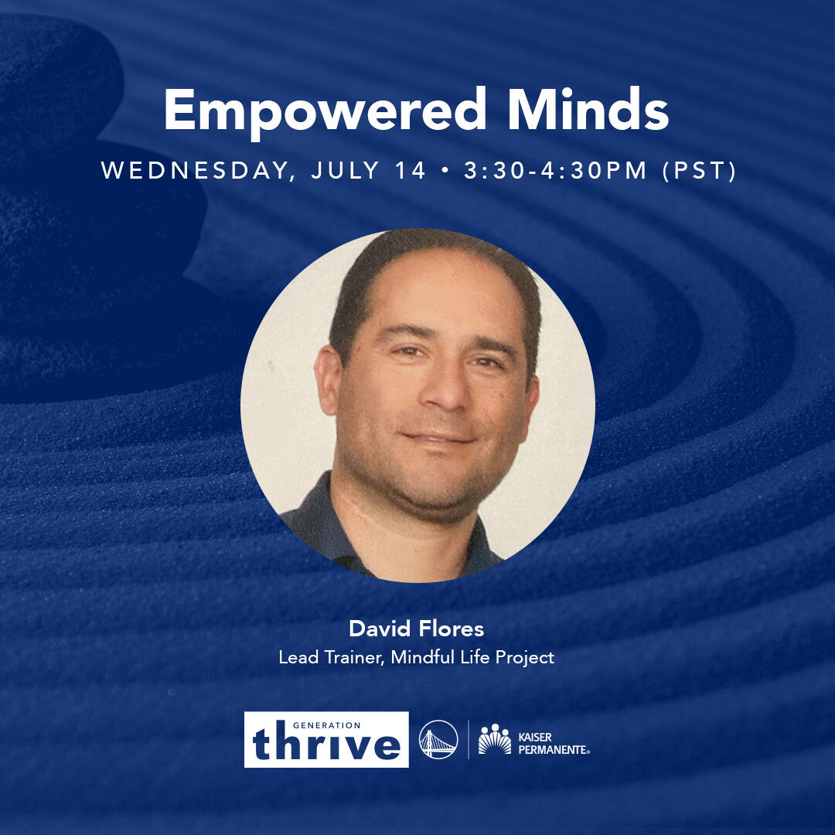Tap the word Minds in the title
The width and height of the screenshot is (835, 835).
point(588,109)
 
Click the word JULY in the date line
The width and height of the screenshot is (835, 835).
point(346,170)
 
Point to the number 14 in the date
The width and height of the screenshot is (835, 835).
point(410,170)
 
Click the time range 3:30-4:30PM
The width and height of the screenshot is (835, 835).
point(555,170)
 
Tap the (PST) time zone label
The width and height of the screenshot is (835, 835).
point(699,171)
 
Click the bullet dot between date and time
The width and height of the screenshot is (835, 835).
point(445,171)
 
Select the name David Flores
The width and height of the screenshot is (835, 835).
point(417,629)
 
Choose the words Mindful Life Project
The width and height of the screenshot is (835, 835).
point(472,658)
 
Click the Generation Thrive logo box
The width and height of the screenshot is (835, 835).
point(326,740)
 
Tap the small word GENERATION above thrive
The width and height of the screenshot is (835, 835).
point(326,724)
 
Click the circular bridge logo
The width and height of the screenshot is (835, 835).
point(438,739)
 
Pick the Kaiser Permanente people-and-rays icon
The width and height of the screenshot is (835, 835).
point(494,739)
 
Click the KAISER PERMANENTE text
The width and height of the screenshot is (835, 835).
point(554,744)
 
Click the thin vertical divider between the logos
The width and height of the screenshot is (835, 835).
point(468,739)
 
